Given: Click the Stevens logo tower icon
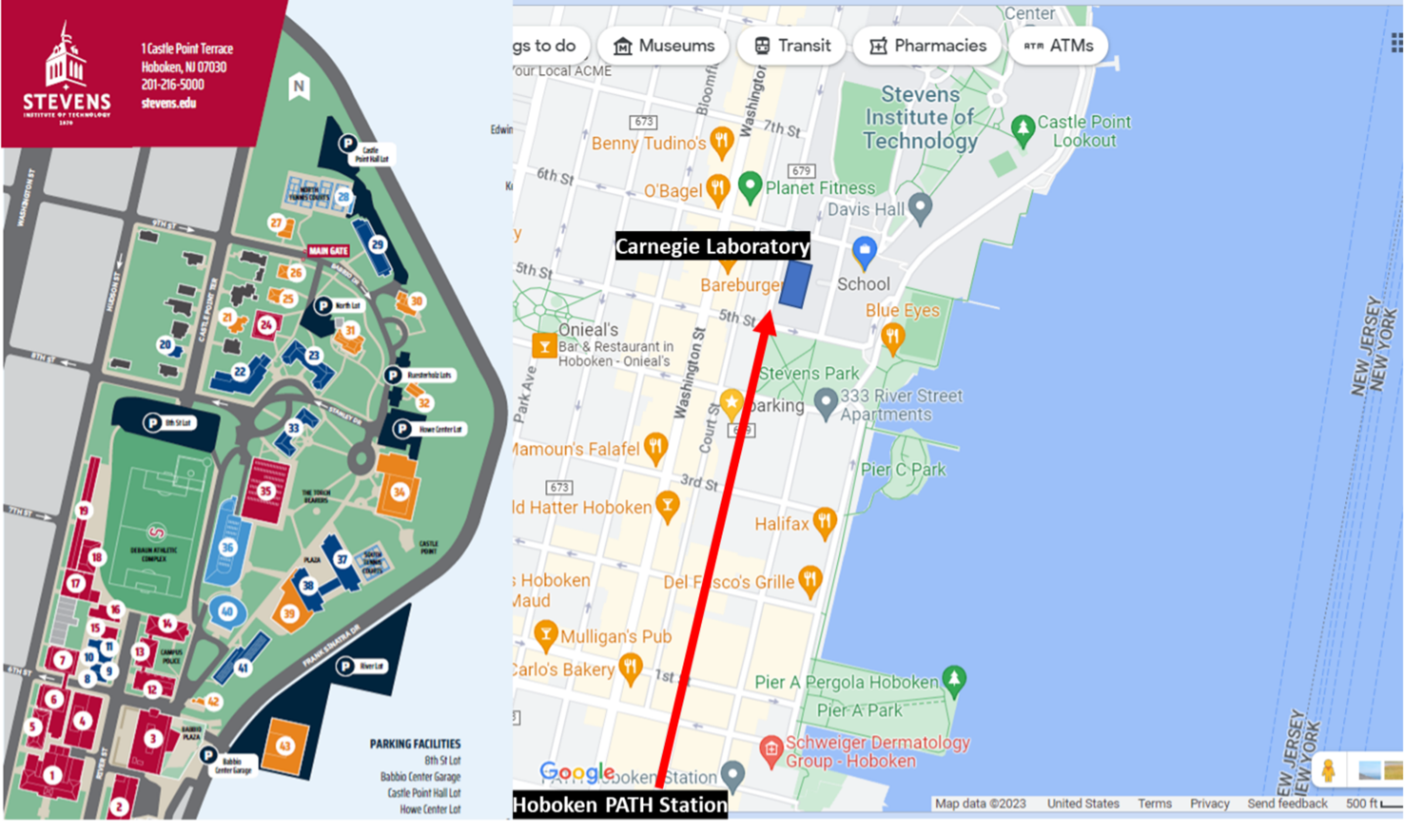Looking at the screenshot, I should (x=65, y=59).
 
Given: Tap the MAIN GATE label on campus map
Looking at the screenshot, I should (x=328, y=251).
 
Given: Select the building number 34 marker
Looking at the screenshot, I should (x=399, y=492).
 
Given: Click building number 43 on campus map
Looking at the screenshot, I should (x=285, y=746).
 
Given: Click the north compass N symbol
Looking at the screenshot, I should (x=299, y=87).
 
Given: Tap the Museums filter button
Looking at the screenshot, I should (x=664, y=46).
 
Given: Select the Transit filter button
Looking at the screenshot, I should (x=792, y=46).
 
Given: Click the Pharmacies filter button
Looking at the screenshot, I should (x=928, y=46).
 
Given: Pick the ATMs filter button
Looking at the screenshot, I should (x=1058, y=46).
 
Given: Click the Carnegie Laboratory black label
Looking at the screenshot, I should (x=712, y=247).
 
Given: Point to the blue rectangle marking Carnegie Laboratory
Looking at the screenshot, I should (x=796, y=284).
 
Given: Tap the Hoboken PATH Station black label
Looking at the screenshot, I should (x=620, y=805).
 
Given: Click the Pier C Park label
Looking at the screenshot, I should (x=903, y=469).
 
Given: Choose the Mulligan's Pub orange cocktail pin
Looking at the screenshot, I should (x=545, y=634).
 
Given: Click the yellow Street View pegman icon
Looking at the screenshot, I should (x=1328, y=769).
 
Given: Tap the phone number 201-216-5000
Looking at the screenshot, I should (x=173, y=84).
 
